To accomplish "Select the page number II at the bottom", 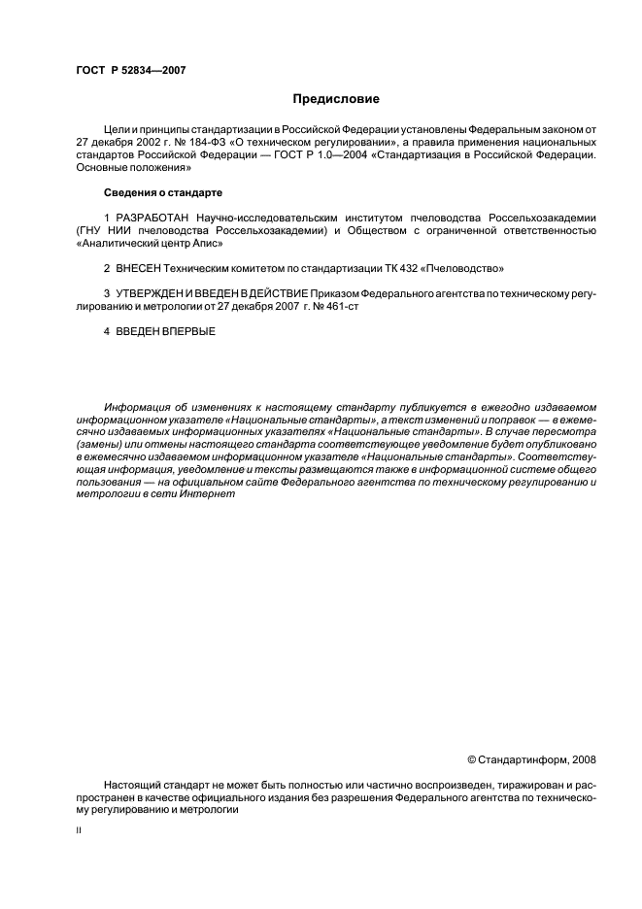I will pos(79,831).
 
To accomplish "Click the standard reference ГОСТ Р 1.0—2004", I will pos(399,153).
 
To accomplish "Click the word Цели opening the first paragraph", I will pos(116,128).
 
